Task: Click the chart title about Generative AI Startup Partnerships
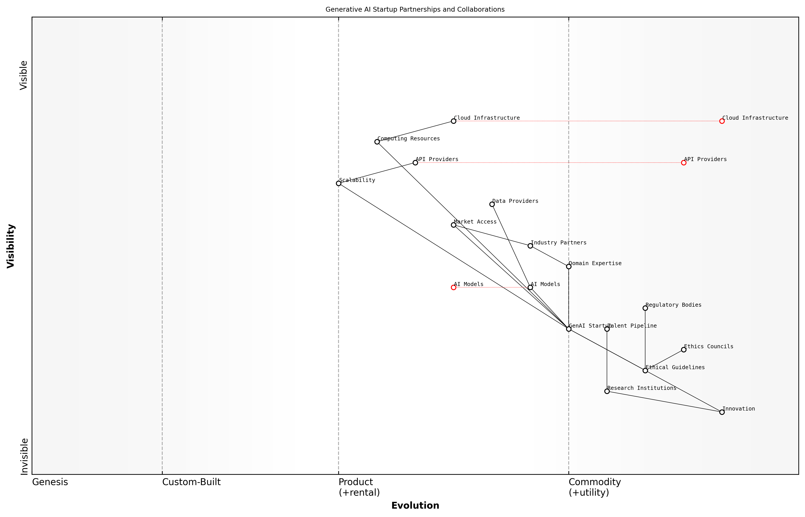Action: click(415, 9)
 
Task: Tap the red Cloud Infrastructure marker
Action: click(722, 121)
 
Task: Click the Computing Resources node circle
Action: click(377, 142)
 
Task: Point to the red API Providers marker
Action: click(684, 163)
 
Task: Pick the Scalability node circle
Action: click(339, 183)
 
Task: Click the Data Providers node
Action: click(492, 204)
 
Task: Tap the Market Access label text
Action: click(475, 222)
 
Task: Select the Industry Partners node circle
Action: click(530, 246)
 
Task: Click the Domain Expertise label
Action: click(595, 264)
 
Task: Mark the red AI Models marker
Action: click(453, 287)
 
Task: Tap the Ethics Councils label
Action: click(708, 346)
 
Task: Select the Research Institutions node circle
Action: click(607, 391)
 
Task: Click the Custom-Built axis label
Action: click(191, 482)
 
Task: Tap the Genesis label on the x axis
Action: click(50, 482)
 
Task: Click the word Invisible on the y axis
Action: click(24, 456)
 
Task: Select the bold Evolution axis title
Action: click(415, 506)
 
